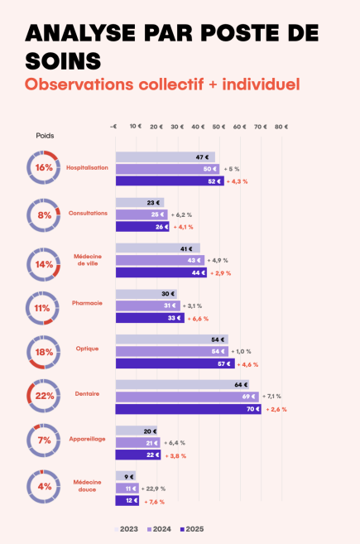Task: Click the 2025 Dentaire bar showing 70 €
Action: (x=188, y=409)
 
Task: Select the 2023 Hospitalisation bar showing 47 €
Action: (x=165, y=157)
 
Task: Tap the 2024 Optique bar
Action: (x=171, y=351)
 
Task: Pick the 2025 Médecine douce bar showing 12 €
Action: (x=127, y=501)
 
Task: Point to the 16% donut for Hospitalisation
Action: (x=44, y=167)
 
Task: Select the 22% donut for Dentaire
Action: (x=44, y=396)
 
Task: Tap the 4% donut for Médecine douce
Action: (x=44, y=486)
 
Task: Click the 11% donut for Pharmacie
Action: (x=44, y=306)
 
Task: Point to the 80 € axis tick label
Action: (x=281, y=127)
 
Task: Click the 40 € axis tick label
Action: (x=197, y=127)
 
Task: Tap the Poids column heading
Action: (x=45, y=135)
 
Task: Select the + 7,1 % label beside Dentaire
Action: (x=274, y=397)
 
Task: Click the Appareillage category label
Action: (x=87, y=439)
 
